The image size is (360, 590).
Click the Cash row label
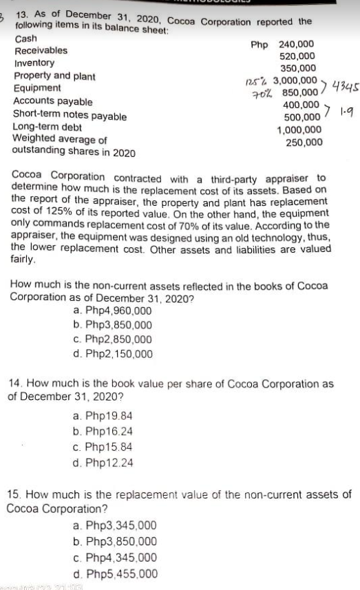[x=25, y=39]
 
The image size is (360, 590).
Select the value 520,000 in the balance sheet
[x=298, y=56]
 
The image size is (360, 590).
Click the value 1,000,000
[x=299, y=130]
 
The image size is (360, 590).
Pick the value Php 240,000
[x=284, y=43]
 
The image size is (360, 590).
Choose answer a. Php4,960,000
[x=113, y=311]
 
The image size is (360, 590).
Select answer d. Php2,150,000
[x=113, y=355]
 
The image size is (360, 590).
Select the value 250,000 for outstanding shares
[x=303, y=143]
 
